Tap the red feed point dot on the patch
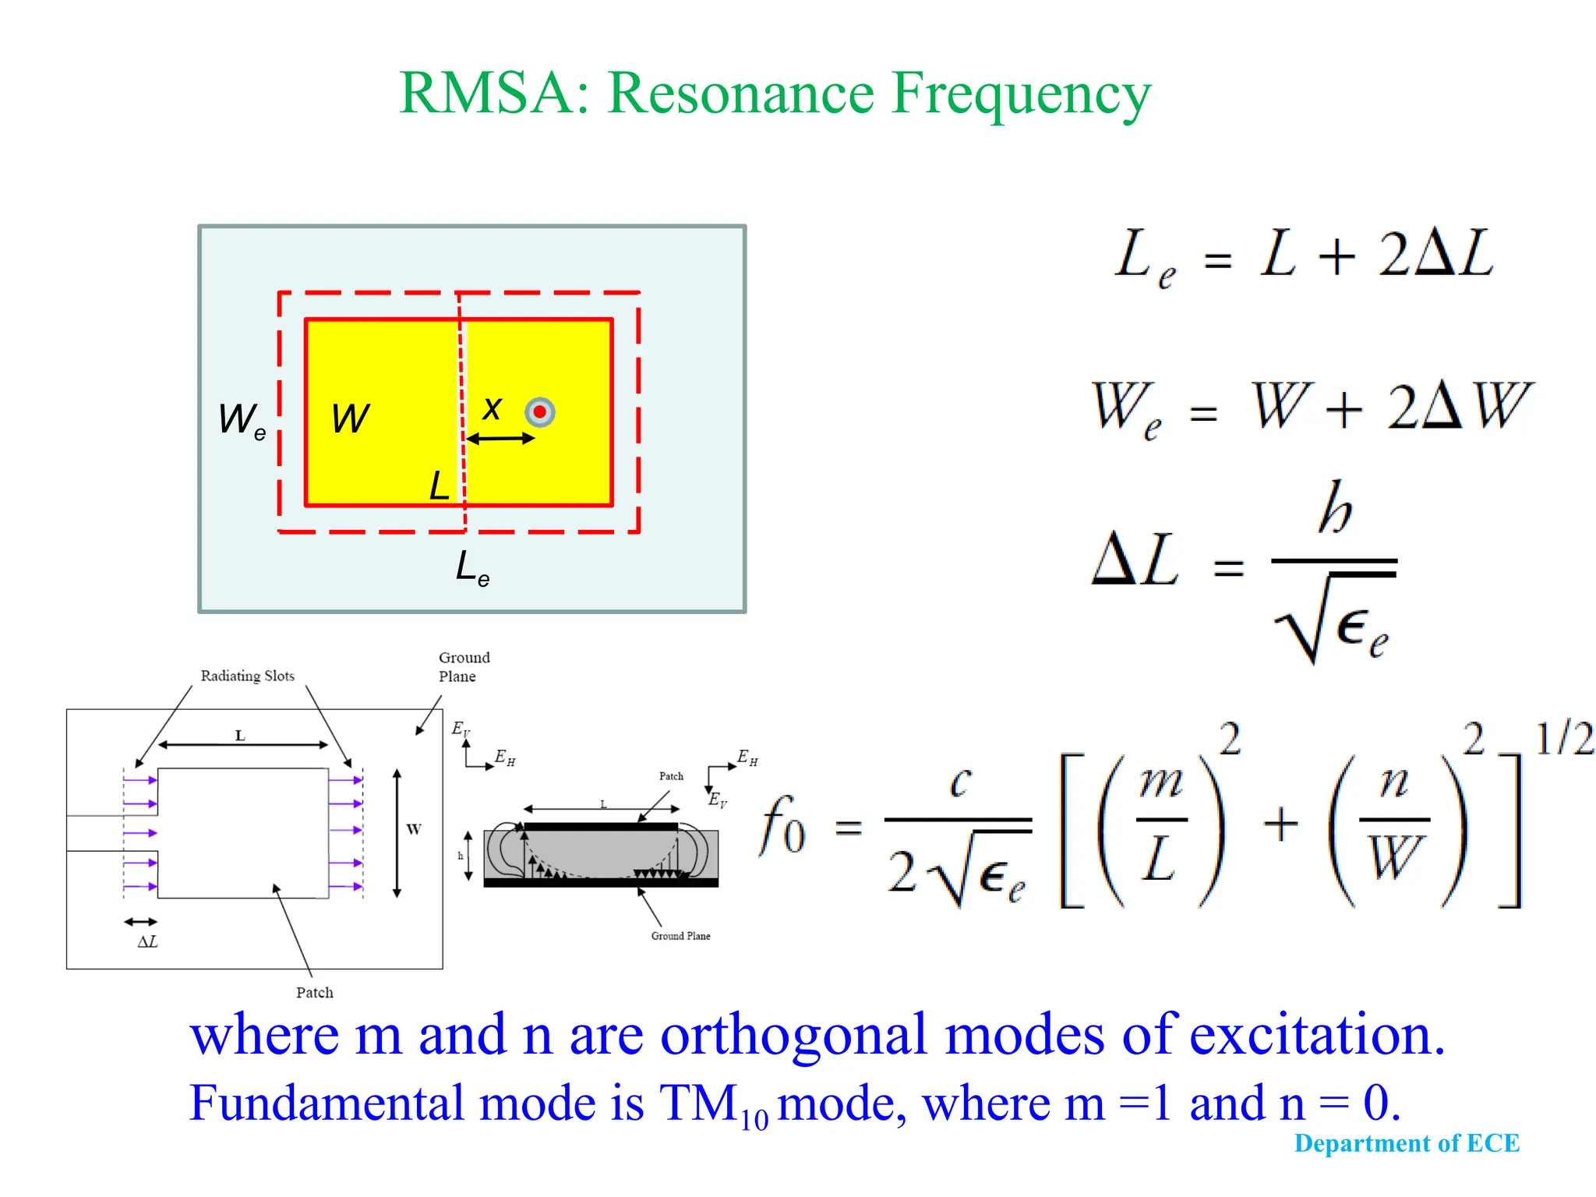click(539, 411)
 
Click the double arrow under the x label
click(500, 440)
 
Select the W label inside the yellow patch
click(350, 418)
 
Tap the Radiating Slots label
click(247, 676)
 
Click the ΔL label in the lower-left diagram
click(147, 942)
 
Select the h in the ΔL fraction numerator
click(1335, 508)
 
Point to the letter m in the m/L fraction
click(1161, 782)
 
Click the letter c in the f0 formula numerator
click(961, 781)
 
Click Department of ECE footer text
click(1407, 1143)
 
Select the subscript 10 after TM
click(754, 1120)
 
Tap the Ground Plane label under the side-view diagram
click(680, 936)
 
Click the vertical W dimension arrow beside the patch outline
click(397, 833)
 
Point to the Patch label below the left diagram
click(314, 993)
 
